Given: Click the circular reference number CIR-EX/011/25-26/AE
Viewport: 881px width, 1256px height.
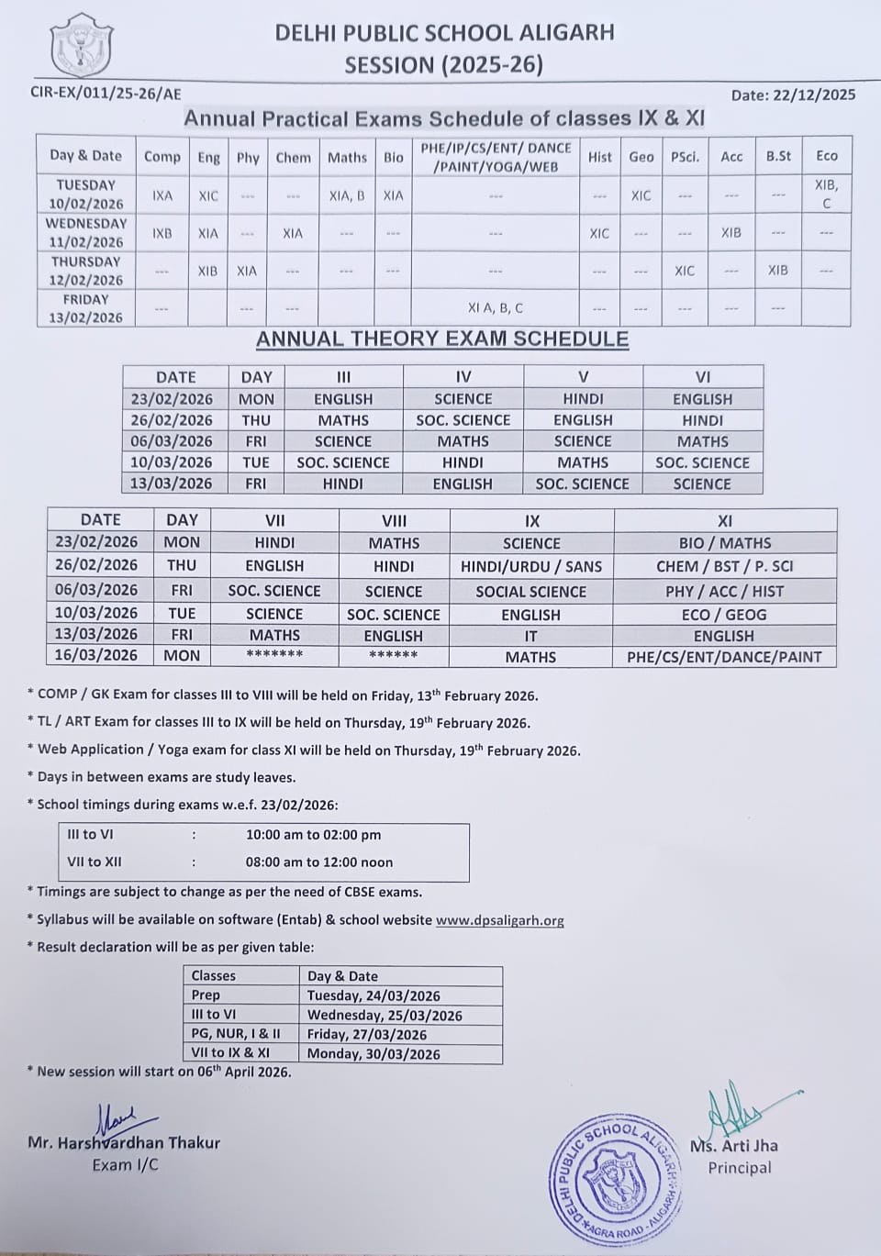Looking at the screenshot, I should pos(106,93).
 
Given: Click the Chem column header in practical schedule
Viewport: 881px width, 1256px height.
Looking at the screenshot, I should pos(293,157).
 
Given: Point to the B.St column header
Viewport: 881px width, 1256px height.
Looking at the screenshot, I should pos(778,156).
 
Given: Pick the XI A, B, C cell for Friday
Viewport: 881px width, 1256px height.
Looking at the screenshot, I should pos(495,308).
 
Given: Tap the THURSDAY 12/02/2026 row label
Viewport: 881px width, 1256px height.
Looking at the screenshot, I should pos(85,271).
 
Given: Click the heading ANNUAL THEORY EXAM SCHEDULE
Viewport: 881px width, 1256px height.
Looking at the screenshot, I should pos(442,339).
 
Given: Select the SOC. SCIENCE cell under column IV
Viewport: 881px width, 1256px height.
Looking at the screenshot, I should pos(463,420).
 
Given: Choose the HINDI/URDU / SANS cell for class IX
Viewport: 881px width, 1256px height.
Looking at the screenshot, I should pos(531,566).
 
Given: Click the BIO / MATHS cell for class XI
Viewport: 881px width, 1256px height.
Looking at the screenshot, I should pos(724,543).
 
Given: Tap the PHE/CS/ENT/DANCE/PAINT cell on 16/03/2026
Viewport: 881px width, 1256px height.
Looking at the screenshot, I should pos(724,657).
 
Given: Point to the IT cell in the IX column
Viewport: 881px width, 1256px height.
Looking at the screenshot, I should pos(531,635).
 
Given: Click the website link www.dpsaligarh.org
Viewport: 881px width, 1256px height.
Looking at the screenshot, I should pos(499,920).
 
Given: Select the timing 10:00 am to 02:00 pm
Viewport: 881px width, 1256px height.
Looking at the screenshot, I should pos(313,835).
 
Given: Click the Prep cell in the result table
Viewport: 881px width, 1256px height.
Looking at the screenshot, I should pos(206,995).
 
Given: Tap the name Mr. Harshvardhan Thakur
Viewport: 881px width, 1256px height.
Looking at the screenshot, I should pos(124,1143).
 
